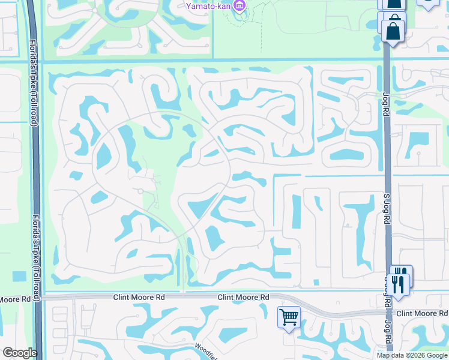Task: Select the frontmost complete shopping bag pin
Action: click(393, 31)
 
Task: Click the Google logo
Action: click(19, 353)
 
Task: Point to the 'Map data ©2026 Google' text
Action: click(412, 355)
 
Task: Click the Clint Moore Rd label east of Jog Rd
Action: click(422, 314)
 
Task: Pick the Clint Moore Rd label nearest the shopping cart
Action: click(243, 297)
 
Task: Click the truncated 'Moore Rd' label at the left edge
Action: click(15, 298)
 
